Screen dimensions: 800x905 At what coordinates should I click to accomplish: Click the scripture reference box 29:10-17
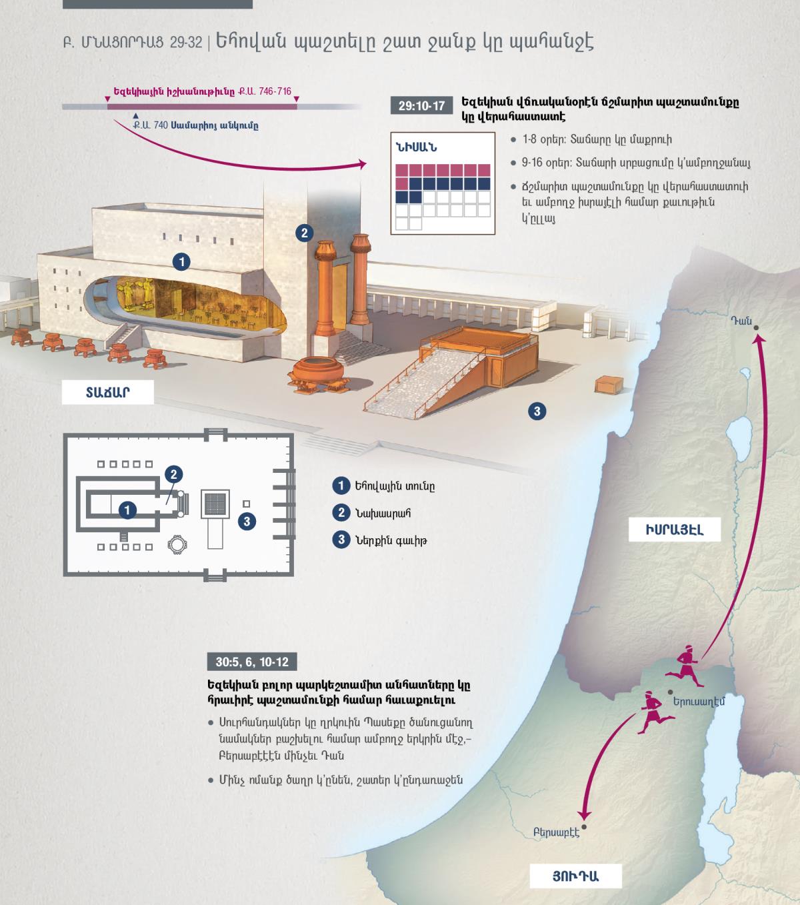421,105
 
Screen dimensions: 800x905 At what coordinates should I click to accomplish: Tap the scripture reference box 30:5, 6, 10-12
252,662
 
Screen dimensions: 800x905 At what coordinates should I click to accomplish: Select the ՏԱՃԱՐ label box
107,392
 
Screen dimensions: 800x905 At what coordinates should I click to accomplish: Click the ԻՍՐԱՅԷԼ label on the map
675,530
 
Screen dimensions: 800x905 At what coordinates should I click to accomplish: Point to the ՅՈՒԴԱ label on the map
576,876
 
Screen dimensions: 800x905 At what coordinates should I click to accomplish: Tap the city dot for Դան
756,328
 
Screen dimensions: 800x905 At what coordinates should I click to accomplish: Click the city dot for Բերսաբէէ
584,827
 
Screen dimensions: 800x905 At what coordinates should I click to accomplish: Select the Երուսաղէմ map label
699,701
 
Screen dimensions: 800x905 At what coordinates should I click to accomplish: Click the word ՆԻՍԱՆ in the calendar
416,147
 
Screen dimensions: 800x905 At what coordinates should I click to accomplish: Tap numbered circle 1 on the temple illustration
181,261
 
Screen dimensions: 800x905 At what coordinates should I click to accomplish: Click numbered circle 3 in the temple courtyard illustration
537,411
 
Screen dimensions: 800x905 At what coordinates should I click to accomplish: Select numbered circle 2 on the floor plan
174,474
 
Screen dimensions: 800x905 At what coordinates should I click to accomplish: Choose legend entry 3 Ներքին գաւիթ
380,540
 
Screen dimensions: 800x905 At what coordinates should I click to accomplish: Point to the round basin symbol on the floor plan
177,544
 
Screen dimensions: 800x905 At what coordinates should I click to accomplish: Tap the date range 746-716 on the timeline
275,91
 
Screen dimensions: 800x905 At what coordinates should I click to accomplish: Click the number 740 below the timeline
161,125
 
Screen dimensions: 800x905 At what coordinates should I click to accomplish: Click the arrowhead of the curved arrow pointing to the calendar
362,164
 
